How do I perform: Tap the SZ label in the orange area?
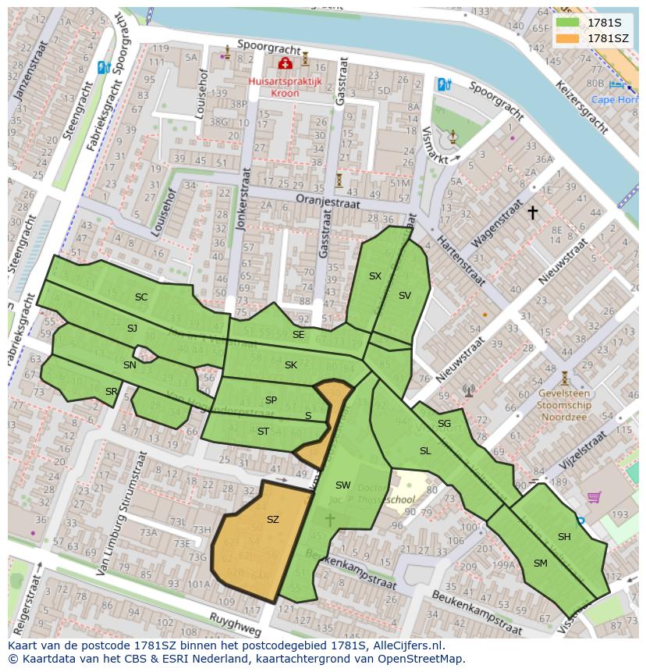click(272, 520)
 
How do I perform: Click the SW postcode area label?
click(343, 485)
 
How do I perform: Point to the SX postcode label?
click(375, 276)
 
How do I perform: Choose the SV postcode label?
click(404, 296)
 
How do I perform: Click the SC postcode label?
click(140, 297)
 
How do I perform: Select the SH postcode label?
click(564, 537)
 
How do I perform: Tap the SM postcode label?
click(540, 564)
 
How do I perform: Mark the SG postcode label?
click(444, 424)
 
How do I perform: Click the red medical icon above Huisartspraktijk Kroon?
click(286, 62)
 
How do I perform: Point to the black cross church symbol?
click(533, 212)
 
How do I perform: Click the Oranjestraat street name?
click(328, 201)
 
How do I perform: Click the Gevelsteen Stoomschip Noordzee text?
click(565, 406)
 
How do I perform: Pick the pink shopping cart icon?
click(594, 496)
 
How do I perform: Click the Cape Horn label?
click(613, 99)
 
